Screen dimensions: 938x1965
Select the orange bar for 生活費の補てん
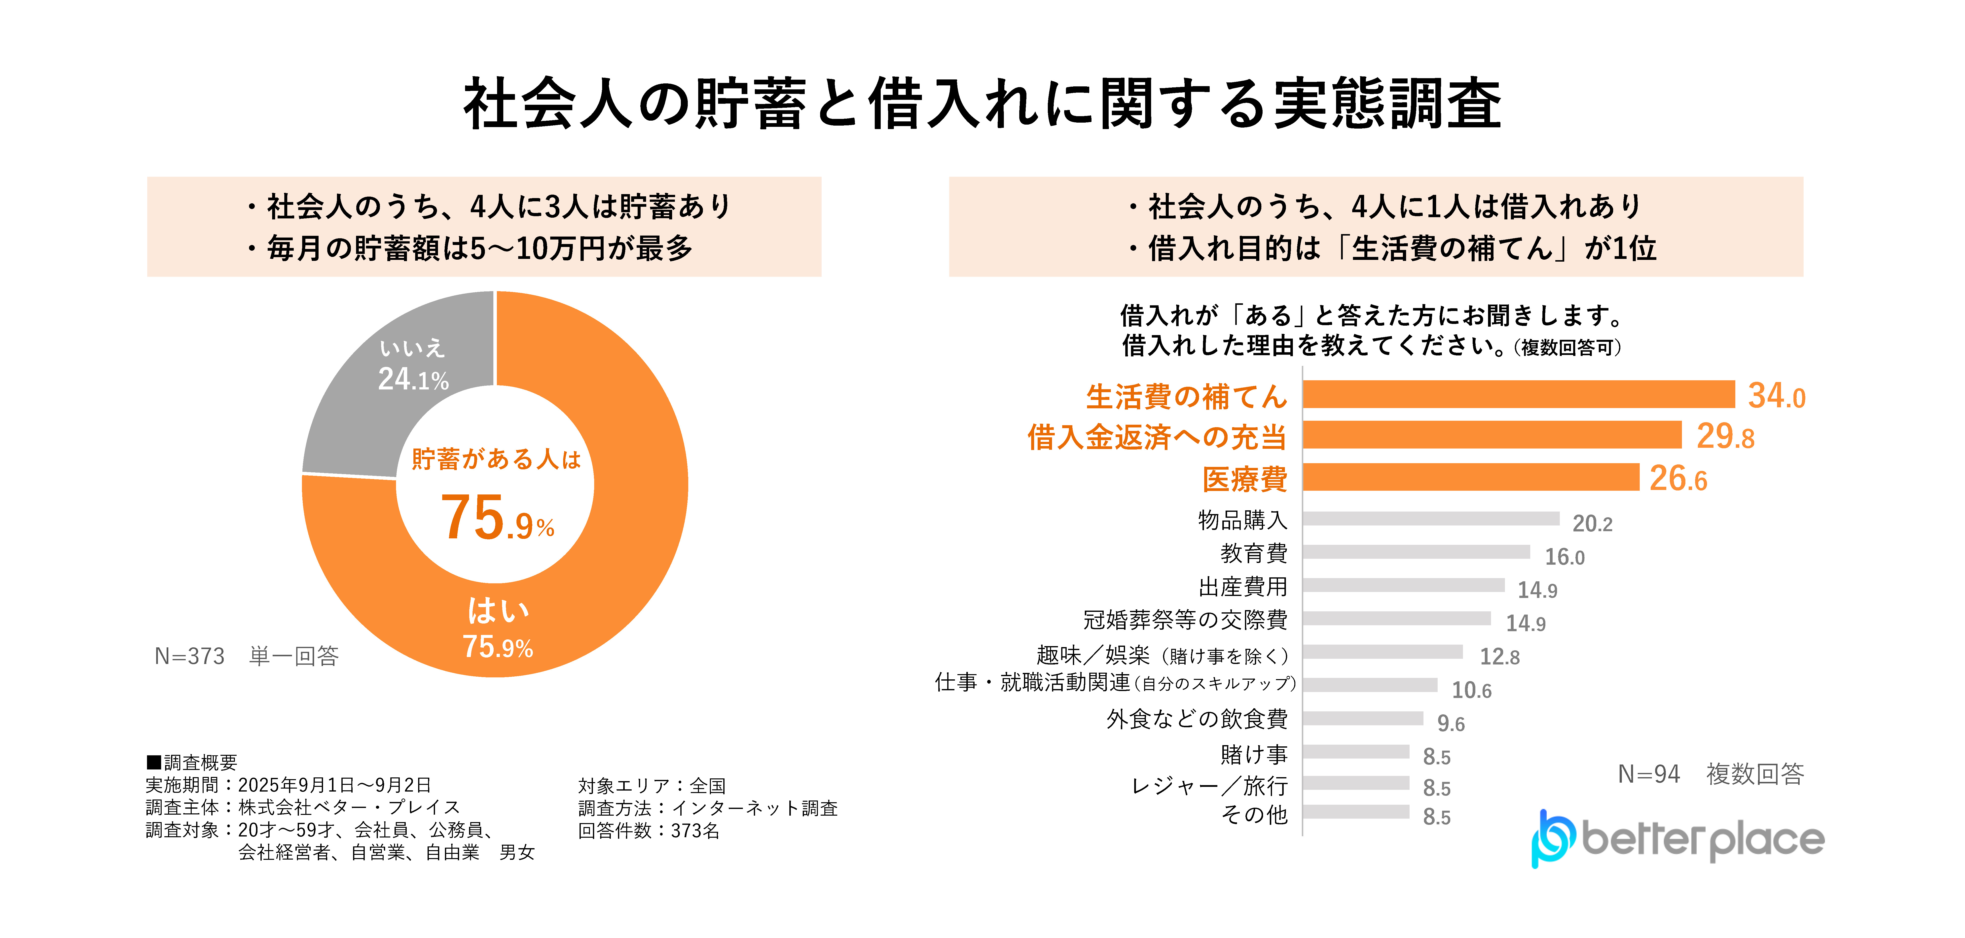[x=1518, y=394]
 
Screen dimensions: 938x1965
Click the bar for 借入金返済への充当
[x=1491, y=435]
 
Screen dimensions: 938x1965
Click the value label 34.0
[x=1776, y=396]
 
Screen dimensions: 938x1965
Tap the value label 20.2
[x=1592, y=523]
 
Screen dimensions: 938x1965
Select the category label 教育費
[x=1253, y=553]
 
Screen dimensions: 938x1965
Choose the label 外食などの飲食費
[x=1197, y=718]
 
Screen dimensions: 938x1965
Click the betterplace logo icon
[x=1552, y=839]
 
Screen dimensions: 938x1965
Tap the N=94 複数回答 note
[x=1710, y=774]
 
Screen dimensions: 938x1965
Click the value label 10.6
[x=1471, y=690]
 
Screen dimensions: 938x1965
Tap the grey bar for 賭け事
[x=1355, y=752]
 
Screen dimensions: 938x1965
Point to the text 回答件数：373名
[x=648, y=831]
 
